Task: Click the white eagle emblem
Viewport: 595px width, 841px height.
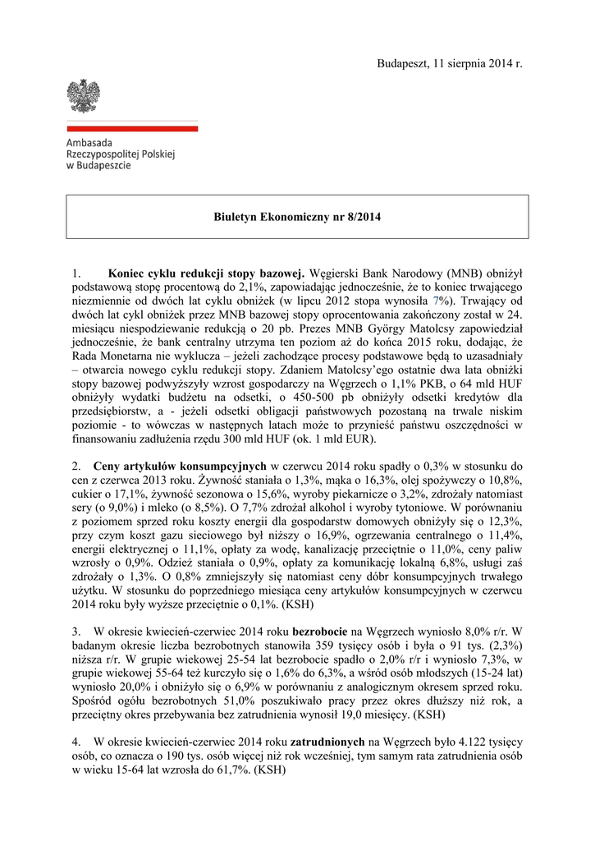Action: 83,97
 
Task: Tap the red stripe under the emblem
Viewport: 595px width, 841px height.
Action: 132,129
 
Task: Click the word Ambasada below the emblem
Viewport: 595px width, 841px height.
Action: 90,143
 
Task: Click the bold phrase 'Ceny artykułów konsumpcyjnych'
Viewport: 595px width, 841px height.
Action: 180,465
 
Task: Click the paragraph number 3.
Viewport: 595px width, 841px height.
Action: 76,631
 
